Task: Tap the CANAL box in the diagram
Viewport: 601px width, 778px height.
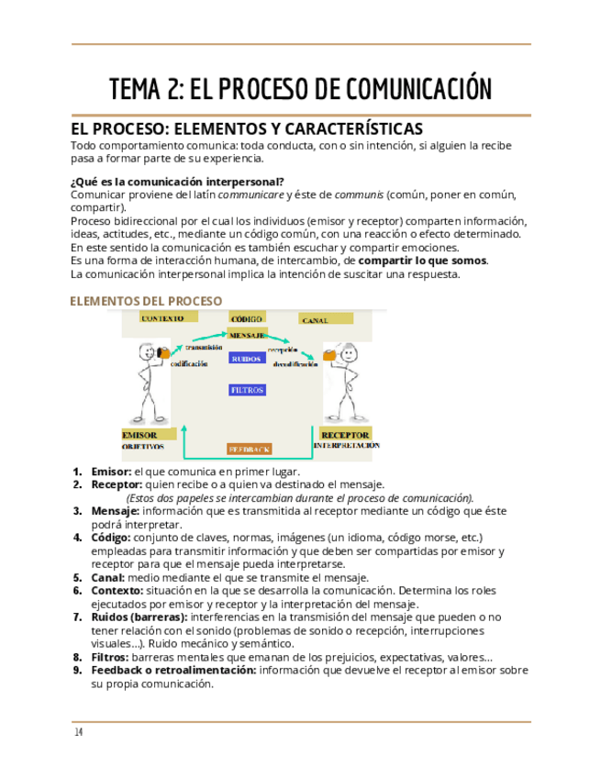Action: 326,319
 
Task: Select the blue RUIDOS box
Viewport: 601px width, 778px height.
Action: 247,359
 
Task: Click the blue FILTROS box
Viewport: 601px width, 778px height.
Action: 247,390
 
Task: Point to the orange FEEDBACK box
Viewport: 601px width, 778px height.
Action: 249,450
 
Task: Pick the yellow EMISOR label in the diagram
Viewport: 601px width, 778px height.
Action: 145,434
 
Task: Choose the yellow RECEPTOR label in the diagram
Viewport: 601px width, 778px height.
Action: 345,434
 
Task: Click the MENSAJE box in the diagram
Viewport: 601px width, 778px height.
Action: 247,335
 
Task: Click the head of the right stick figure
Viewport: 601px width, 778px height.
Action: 347,352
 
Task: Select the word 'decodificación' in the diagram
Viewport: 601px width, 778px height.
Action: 295,364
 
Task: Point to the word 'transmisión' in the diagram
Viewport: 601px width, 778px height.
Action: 204,348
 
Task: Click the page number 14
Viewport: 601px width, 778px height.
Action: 79,732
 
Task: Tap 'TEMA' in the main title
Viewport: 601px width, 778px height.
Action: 137,89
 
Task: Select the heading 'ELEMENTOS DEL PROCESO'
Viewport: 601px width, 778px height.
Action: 146,301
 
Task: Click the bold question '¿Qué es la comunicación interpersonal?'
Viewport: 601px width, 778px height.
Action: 177,181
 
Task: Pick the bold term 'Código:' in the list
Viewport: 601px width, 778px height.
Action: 111,537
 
